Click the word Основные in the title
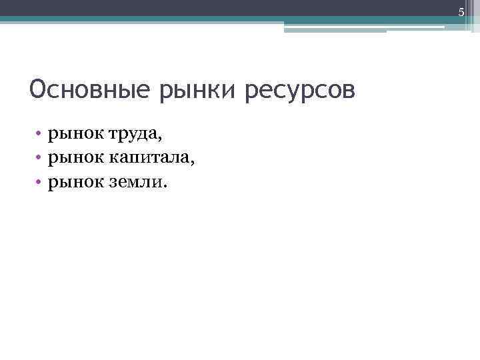coord(91,89)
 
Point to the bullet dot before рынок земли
coord(40,181)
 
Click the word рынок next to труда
coord(71,134)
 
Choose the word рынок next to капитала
coord(71,157)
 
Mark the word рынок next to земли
coord(71,181)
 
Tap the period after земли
coord(167,185)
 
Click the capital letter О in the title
coord(37,89)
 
